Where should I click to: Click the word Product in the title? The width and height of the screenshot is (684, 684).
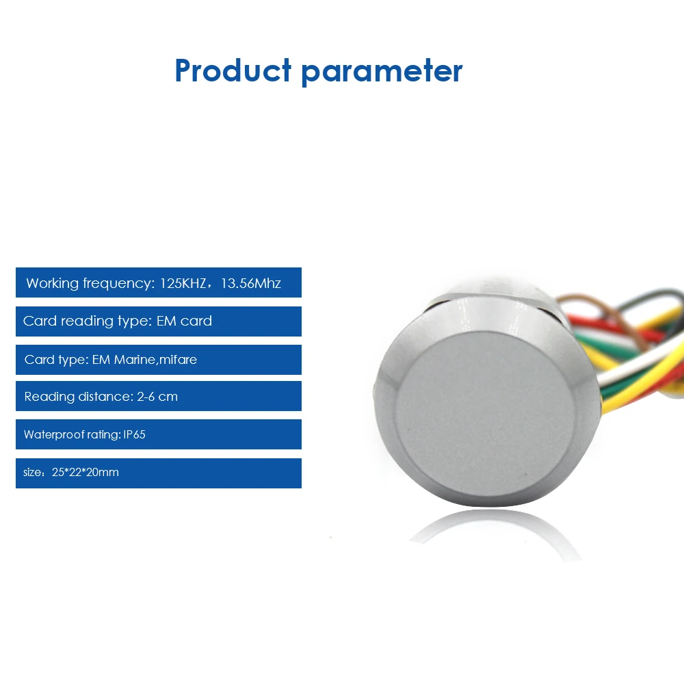click(233, 70)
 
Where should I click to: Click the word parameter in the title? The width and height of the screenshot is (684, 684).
click(382, 73)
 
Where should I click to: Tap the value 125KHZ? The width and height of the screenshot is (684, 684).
click(183, 283)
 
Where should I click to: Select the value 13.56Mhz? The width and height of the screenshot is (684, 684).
click(251, 283)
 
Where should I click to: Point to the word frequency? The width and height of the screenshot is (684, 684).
click(118, 284)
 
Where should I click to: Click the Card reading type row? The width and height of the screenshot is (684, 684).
click(159, 321)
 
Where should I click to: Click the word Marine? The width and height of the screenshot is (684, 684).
click(134, 360)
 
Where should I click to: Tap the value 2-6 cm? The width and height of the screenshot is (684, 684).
click(157, 397)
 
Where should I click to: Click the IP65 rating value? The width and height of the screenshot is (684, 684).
click(134, 434)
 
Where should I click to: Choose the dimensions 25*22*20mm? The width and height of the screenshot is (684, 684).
click(85, 472)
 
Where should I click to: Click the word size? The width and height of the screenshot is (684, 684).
click(33, 473)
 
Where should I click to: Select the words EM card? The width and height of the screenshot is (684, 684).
click(184, 321)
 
